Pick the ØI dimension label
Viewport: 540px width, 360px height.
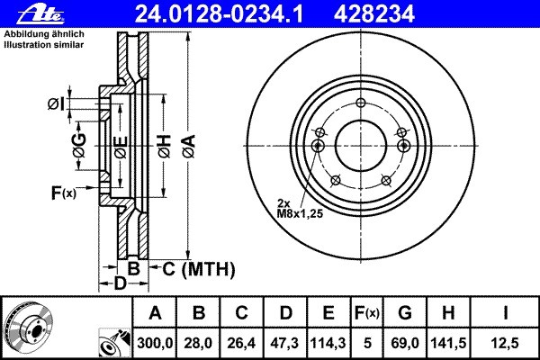[56, 105]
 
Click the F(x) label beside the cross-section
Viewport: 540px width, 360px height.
[63, 192]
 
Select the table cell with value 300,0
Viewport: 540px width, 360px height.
[155, 342]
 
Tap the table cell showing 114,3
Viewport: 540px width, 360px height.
[328, 342]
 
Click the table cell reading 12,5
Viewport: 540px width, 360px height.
[508, 342]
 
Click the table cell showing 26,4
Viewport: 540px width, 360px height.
[241, 342]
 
